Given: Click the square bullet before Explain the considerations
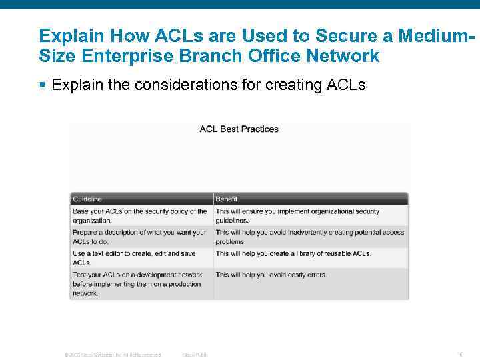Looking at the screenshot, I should [x=42, y=85].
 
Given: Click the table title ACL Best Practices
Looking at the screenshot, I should [x=239, y=129].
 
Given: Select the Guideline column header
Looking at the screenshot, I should [x=87, y=199].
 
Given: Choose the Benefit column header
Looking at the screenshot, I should [x=227, y=199].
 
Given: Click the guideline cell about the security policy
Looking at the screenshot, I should [x=140, y=215].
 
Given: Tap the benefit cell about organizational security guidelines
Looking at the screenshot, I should [x=297, y=215].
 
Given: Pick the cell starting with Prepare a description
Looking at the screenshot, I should [x=140, y=237].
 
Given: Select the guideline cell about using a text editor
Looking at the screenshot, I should [x=140, y=258].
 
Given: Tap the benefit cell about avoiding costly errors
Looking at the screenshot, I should [x=271, y=275].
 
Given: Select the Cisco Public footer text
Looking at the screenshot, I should [x=195, y=355].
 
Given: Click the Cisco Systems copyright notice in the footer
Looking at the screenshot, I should [x=112, y=355].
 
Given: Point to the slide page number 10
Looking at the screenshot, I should [x=460, y=355].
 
